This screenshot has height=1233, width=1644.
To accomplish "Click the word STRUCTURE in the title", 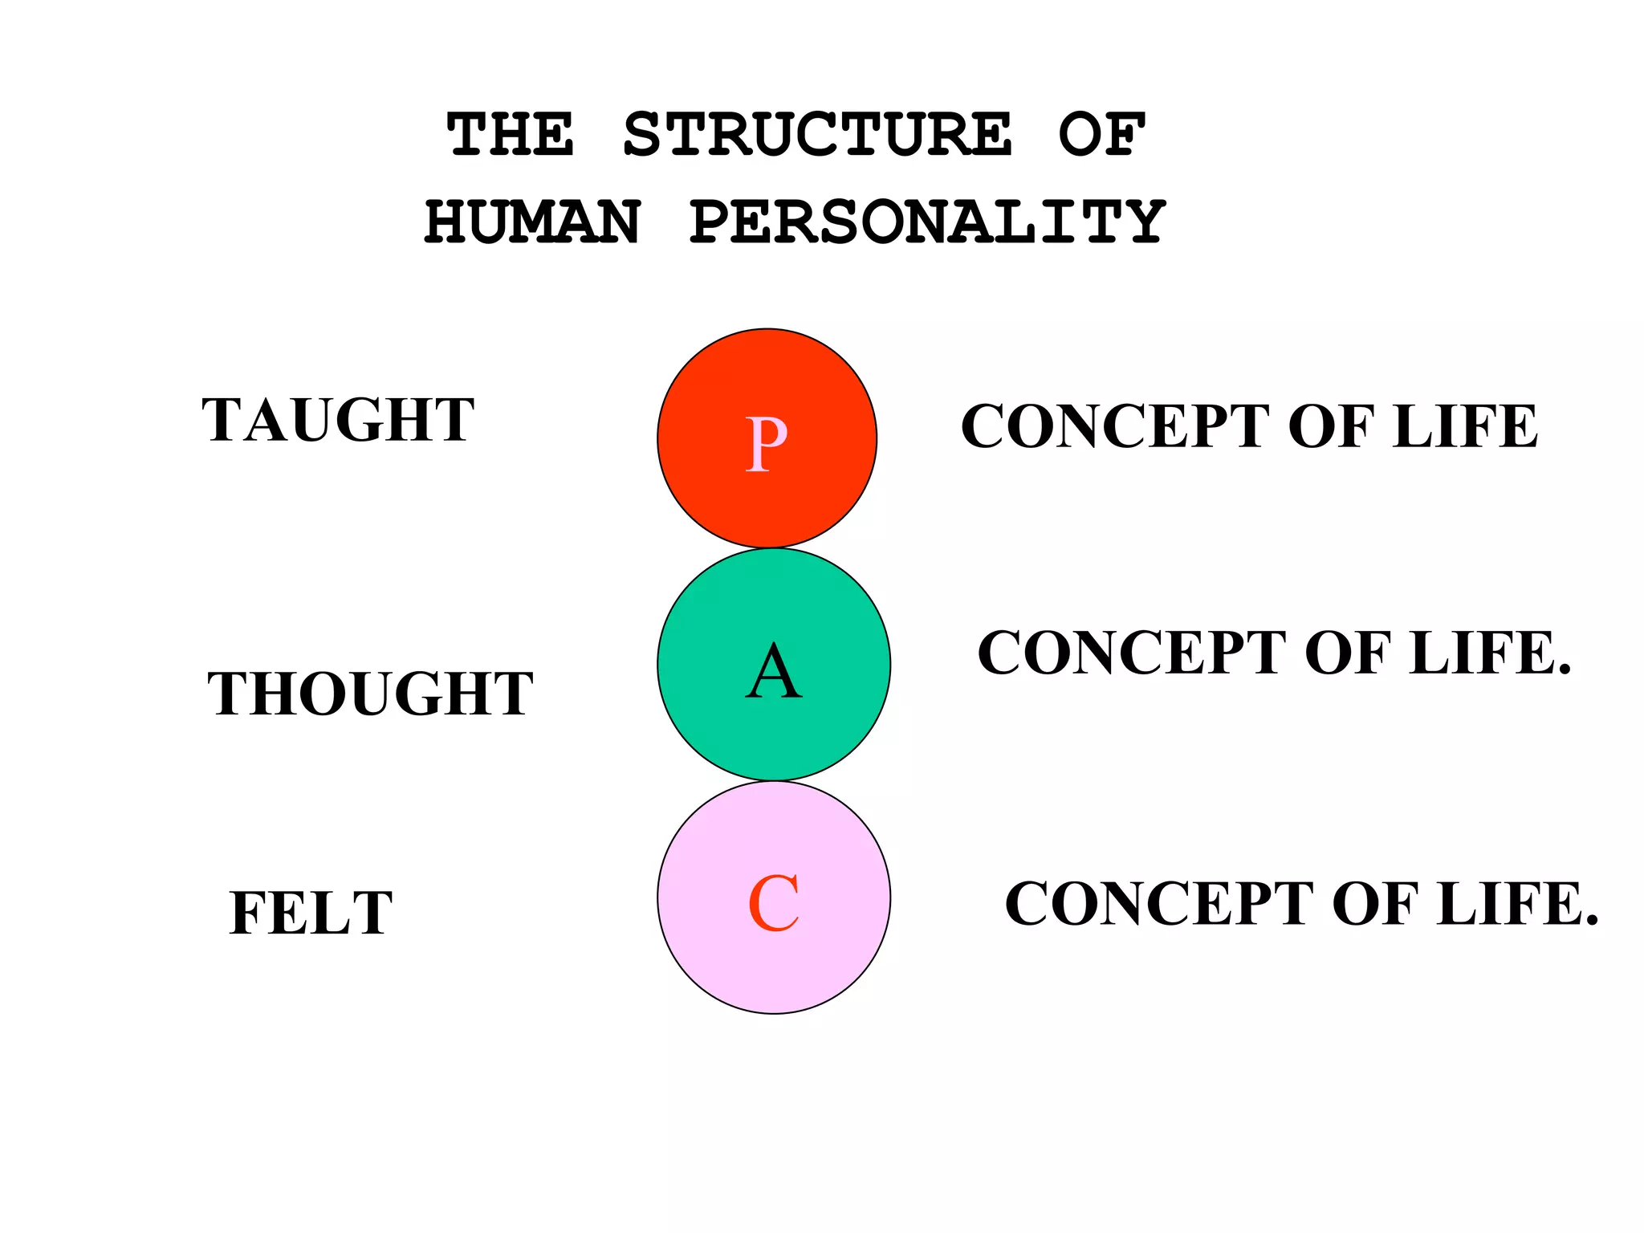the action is [x=816, y=135].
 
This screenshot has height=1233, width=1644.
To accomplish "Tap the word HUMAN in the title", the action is [x=533, y=222].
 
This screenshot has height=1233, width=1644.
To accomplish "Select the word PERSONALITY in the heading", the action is [x=927, y=222].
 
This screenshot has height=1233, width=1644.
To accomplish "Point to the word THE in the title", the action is [x=511, y=135].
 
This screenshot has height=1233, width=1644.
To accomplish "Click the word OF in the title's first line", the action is [x=1101, y=135].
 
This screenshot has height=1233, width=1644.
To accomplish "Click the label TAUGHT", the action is [x=338, y=420].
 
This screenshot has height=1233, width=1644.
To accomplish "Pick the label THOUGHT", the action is [x=370, y=694].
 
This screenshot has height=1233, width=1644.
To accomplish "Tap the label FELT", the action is [x=311, y=913].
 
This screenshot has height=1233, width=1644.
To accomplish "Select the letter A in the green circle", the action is [x=773, y=672].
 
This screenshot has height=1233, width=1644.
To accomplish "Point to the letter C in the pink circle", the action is [x=773, y=904].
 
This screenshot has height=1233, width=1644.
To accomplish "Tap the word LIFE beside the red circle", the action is [x=1465, y=426].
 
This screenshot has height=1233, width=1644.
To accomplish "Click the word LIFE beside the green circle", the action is [x=1490, y=653].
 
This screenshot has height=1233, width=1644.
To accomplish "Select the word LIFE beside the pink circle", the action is [x=1517, y=904].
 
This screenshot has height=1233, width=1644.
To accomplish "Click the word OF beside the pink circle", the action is [x=1374, y=904].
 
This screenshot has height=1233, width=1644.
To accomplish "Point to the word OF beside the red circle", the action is [x=1330, y=426].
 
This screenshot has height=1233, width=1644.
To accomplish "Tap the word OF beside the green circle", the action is [x=1347, y=653].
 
